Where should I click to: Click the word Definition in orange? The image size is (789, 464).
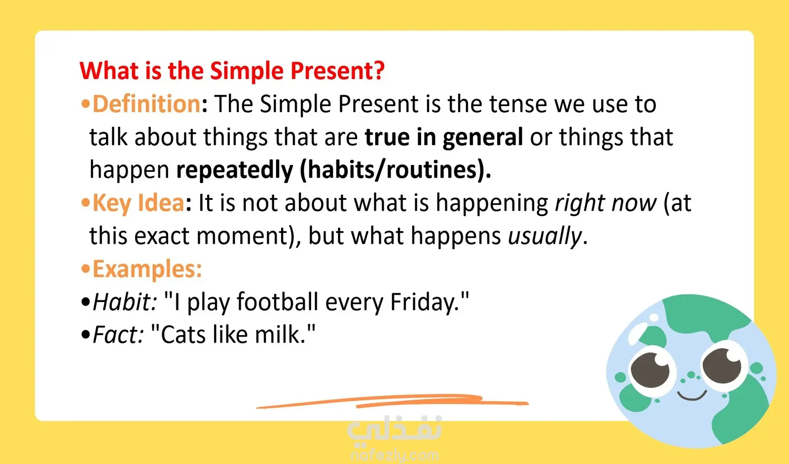[x=146, y=104]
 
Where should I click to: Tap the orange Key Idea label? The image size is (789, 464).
[x=138, y=203]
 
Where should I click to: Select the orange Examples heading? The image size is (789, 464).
[x=147, y=270]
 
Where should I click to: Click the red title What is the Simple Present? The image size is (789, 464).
[x=232, y=71]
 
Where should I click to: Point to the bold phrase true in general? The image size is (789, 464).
[x=444, y=138]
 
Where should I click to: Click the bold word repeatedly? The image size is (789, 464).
[x=235, y=170]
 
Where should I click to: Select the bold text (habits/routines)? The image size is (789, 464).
[x=395, y=170]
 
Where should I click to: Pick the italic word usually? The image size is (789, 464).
[x=544, y=236]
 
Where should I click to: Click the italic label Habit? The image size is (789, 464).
[x=125, y=302]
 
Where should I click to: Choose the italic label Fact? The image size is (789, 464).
[x=118, y=335]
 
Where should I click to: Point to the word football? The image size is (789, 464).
[x=277, y=302]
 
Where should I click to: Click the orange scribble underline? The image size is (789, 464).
[x=392, y=401]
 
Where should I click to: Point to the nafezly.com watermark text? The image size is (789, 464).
[x=395, y=455]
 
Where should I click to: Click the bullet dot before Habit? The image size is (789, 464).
[x=86, y=302]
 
